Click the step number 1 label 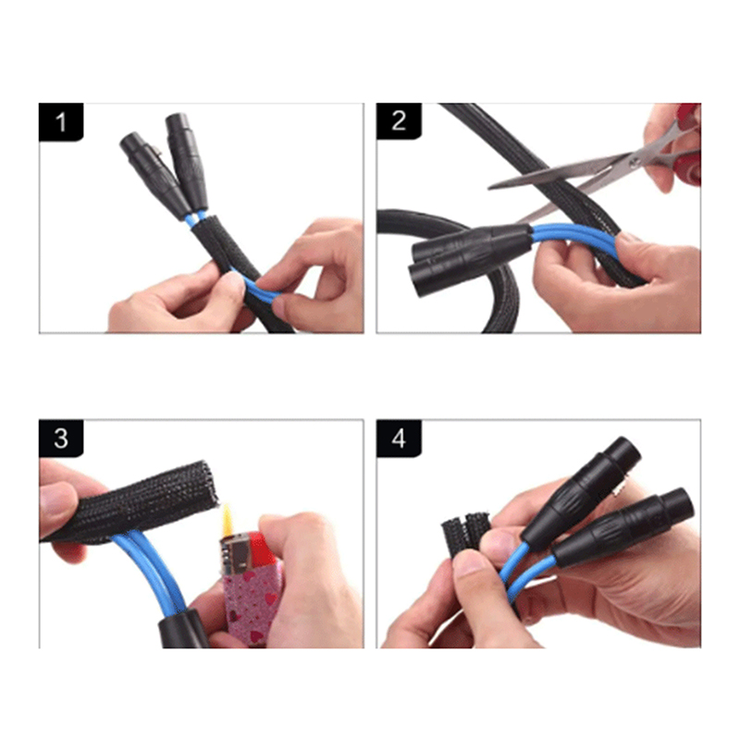pos(60,122)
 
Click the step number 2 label pos(399,121)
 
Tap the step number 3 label pos(60,438)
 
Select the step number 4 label pos(399,438)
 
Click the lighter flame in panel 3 pos(228,519)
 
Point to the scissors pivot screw pos(635,162)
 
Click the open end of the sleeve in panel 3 pos(210,482)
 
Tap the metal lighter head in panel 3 pos(234,553)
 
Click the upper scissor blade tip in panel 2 pos(491,188)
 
